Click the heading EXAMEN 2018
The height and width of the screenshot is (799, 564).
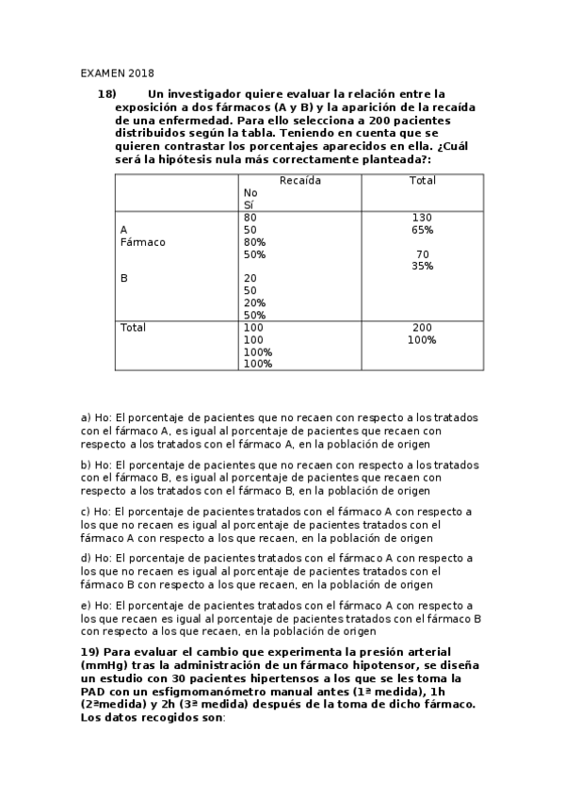point(117,73)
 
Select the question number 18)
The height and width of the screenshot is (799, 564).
point(106,93)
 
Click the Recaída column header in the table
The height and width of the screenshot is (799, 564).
point(299,180)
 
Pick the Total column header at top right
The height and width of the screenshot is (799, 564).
point(422,180)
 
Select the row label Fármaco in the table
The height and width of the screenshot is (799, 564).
point(143,242)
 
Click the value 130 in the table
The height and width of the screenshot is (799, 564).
point(422,218)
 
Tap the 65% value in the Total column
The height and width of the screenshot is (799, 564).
point(422,230)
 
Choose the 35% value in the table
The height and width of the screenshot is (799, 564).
point(422,267)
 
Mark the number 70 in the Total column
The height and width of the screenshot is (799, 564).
point(422,254)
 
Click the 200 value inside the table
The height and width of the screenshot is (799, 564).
point(422,327)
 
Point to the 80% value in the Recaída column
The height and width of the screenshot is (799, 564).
point(254,242)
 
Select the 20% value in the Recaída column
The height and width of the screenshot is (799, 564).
point(254,303)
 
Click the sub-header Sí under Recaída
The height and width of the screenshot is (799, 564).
point(249,204)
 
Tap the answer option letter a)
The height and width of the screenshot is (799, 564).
point(87,417)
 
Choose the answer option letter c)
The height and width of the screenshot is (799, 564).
point(87,512)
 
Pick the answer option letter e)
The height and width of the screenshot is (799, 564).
point(87,605)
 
